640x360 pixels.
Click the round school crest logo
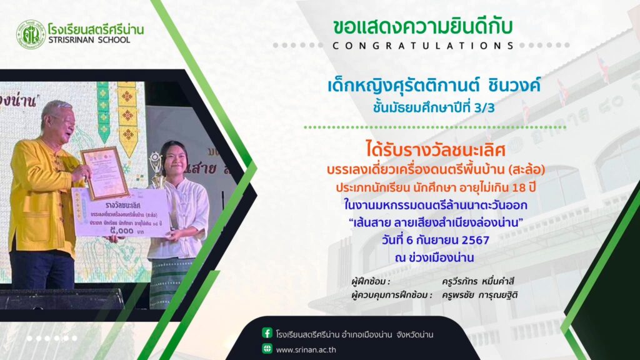click(x=31, y=35)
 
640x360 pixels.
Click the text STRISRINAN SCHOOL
click(x=89, y=40)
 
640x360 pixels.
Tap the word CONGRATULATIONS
click(x=423, y=46)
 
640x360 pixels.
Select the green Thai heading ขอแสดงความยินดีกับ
click(x=422, y=27)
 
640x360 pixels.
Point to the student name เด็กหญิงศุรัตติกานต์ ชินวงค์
click(x=434, y=86)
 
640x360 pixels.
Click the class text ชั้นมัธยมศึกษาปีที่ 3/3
click(x=434, y=107)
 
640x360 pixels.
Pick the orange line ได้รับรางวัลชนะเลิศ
click(x=436, y=150)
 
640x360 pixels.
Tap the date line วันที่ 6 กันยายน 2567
click(x=436, y=240)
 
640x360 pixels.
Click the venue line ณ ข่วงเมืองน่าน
click(x=434, y=257)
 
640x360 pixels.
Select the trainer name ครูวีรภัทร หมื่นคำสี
click(x=477, y=281)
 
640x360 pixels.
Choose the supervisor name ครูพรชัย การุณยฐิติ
click(x=479, y=295)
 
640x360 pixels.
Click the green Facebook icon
click(x=267, y=333)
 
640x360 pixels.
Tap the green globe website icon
click(x=267, y=349)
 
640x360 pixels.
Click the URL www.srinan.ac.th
click(x=306, y=350)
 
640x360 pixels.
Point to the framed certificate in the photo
click(x=104, y=173)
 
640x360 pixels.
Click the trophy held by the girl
click(x=156, y=171)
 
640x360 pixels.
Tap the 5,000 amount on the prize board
click(x=122, y=231)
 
